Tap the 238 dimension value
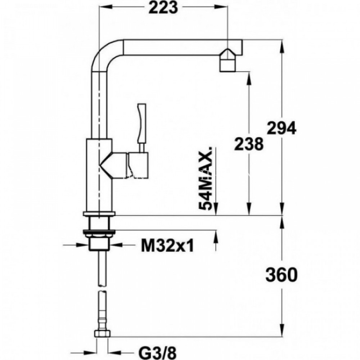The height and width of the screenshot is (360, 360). click(249, 144)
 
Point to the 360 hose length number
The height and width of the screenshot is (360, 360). click(282, 275)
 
